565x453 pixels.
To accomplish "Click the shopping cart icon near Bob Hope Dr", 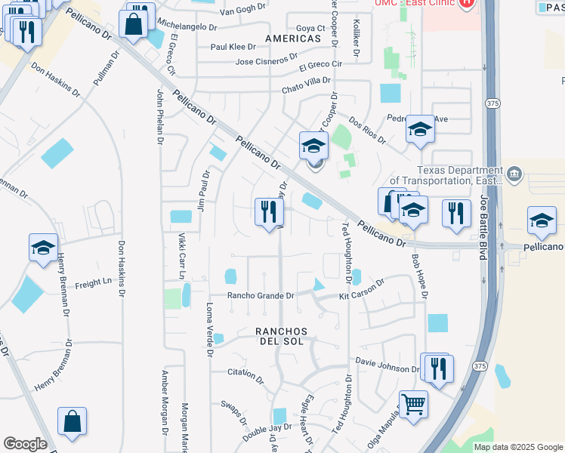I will click(413, 404).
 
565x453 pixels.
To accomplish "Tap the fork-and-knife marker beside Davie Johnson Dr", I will click(438, 368).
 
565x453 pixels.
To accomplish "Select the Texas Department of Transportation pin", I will click(514, 174).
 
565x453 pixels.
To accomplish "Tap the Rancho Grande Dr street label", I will click(261, 296).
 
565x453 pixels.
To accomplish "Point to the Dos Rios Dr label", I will click(368, 130).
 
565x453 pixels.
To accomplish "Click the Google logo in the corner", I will click(25, 444).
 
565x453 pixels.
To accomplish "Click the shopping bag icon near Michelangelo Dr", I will click(134, 23).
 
